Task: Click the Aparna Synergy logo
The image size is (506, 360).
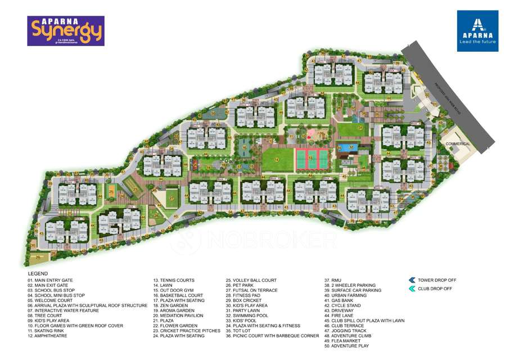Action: pyautogui.click(x=65, y=30)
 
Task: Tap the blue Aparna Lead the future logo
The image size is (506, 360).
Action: pyautogui.click(x=477, y=31)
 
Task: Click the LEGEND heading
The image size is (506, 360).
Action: pyautogui.click(x=38, y=273)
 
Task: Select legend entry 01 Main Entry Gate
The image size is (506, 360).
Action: pyautogui.click(x=51, y=280)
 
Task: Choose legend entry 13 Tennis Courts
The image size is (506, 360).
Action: pyautogui.click(x=174, y=280)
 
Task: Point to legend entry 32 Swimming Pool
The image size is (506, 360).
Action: pyautogui.click(x=247, y=316)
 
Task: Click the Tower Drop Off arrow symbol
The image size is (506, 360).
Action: pyautogui.click(x=412, y=280)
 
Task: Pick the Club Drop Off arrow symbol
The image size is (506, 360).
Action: pyautogui.click(x=412, y=289)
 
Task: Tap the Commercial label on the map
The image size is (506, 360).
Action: pyautogui.click(x=458, y=144)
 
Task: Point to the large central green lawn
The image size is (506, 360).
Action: pyautogui.click(x=277, y=159)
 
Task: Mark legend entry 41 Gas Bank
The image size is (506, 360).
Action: pyautogui.click(x=340, y=300)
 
